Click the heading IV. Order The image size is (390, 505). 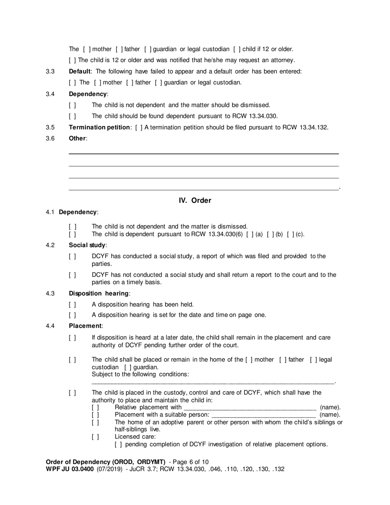(x=195, y=200)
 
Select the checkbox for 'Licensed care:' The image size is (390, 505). (x=95, y=437)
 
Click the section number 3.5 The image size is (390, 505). (x=50, y=127)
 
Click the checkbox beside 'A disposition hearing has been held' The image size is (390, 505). (x=72, y=305)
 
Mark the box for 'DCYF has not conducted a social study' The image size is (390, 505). (x=72, y=275)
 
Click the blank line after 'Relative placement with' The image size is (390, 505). (x=250, y=408)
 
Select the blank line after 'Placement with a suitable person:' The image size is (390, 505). (x=263, y=415)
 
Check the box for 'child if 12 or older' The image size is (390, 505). (x=237, y=49)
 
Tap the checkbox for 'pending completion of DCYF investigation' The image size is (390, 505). (x=118, y=444)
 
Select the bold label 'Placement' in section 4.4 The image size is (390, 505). (x=85, y=326)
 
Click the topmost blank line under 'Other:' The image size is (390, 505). (x=204, y=154)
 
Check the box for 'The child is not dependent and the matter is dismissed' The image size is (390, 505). (x=72, y=227)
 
